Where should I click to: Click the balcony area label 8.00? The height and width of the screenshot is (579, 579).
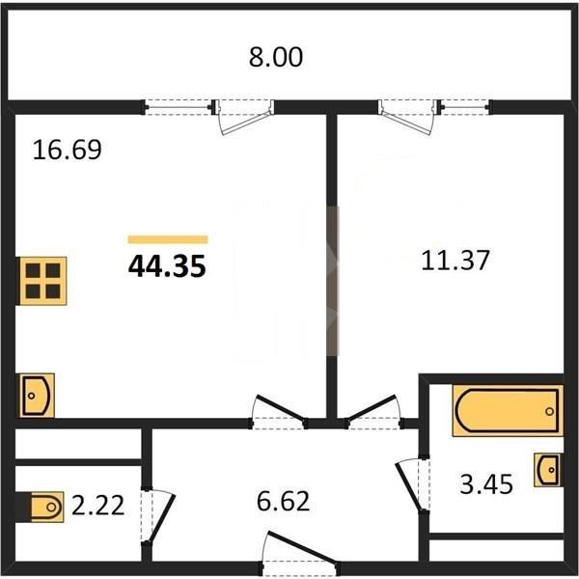(x=276, y=57)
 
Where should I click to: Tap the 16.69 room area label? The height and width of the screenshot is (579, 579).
(x=67, y=150)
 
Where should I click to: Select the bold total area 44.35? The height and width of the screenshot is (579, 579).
(x=167, y=266)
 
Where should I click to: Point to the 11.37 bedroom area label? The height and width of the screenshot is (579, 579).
(x=455, y=260)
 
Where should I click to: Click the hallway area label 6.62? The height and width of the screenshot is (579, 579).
(x=283, y=501)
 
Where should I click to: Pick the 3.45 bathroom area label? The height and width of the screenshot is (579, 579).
(x=486, y=484)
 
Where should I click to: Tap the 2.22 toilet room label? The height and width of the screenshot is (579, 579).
(x=97, y=505)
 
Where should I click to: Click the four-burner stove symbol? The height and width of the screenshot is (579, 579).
(x=42, y=281)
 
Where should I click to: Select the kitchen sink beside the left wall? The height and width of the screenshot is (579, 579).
(x=37, y=396)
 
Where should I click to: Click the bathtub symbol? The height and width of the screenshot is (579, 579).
(x=509, y=410)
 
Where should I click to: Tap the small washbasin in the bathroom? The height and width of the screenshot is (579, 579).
(x=549, y=470)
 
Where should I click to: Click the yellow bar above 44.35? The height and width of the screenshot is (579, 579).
(x=168, y=239)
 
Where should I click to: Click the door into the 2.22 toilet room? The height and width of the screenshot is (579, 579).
(x=157, y=516)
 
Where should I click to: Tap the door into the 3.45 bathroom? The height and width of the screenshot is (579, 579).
(x=413, y=485)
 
